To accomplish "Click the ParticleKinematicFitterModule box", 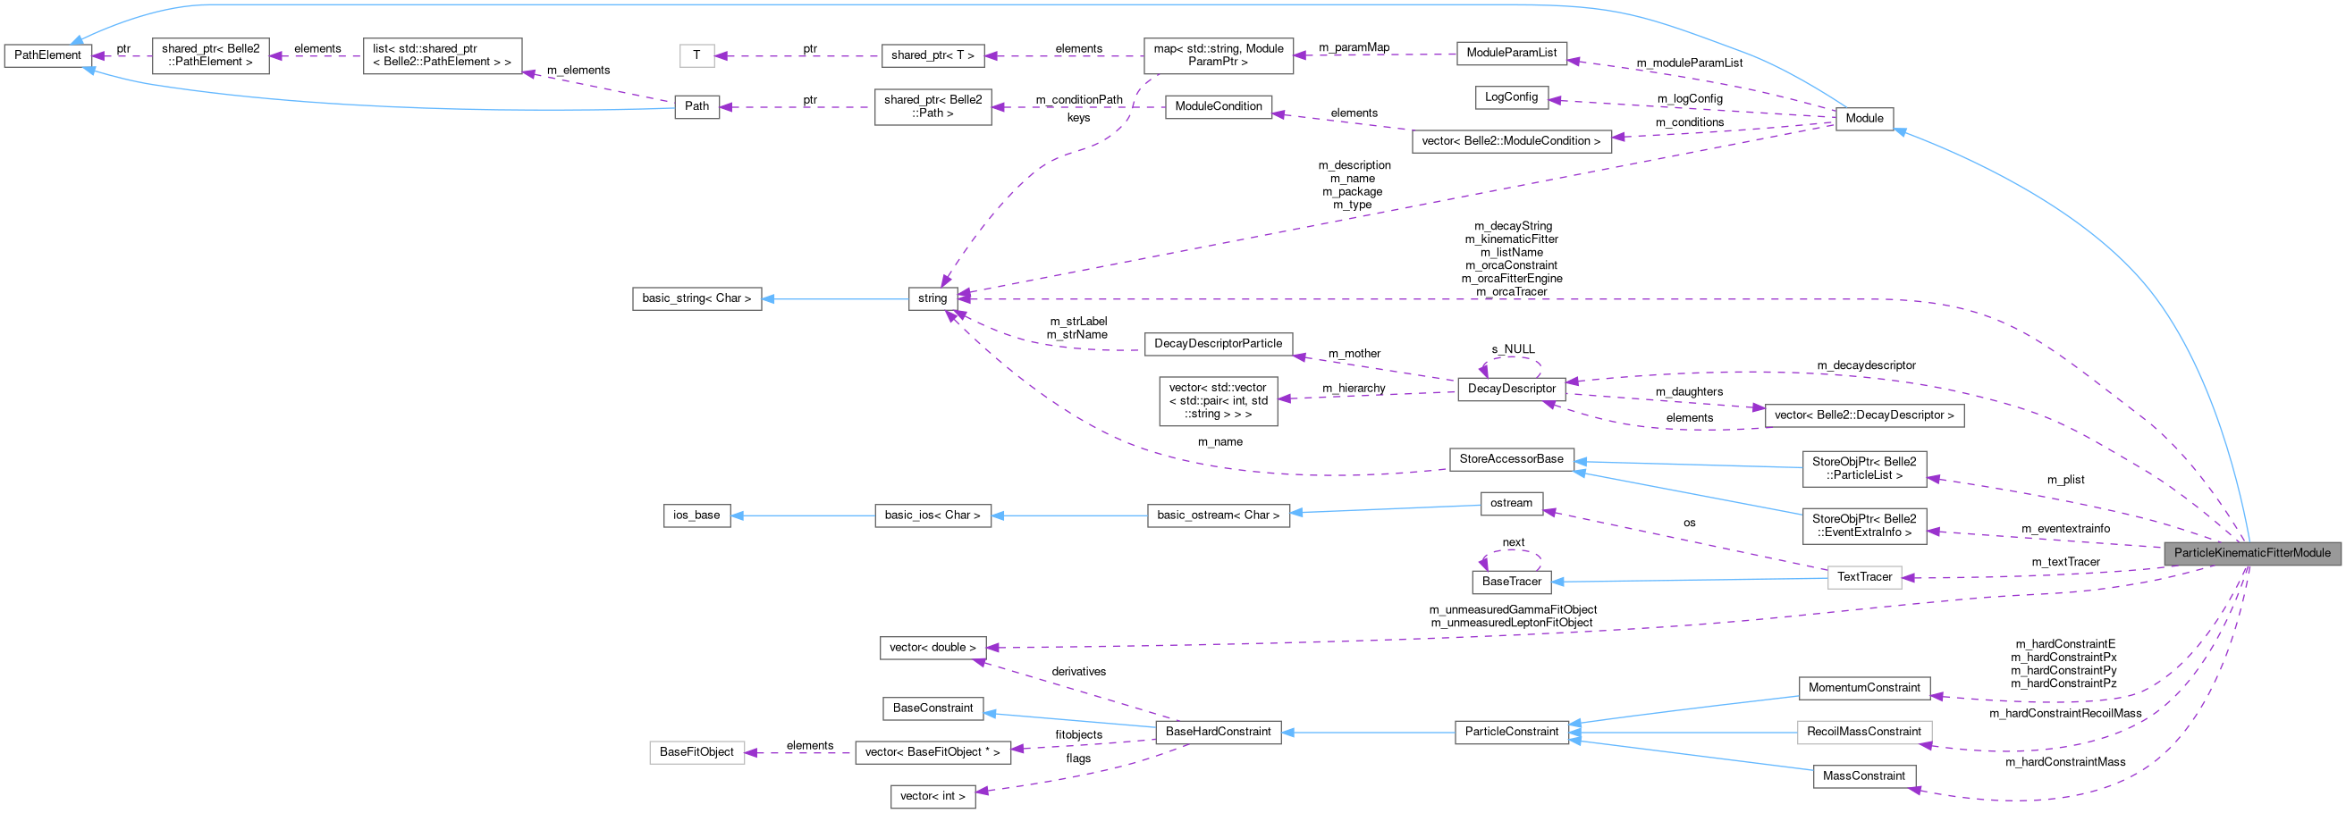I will click(x=2251, y=554).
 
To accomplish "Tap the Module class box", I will click(x=1863, y=118).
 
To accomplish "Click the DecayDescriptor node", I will click(x=1511, y=389).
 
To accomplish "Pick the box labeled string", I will click(x=932, y=298).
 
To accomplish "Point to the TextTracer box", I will click(x=1863, y=577).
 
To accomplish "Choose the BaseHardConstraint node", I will click(x=1218, y=732).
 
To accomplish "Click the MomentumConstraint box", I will click(x=1863, y=688).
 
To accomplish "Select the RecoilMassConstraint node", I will click(x=1863, y=732).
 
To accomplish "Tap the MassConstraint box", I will click(x=1863, y=776).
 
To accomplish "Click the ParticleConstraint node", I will click(x=1511, y=732).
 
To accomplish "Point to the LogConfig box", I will click(x=1511, y=97).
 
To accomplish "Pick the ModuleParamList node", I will click(x=1511, y=53).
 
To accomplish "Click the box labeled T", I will click(x=696, y=55).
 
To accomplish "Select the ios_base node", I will click(x=696, y=515).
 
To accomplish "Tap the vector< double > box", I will click(x=932, y=649).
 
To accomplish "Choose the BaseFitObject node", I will click(x=696, y=753).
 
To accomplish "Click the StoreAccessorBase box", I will click(x=1511, y=460).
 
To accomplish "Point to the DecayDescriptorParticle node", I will click(x=1218, y=344).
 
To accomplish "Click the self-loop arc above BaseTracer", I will click(x=1511, y=551).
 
